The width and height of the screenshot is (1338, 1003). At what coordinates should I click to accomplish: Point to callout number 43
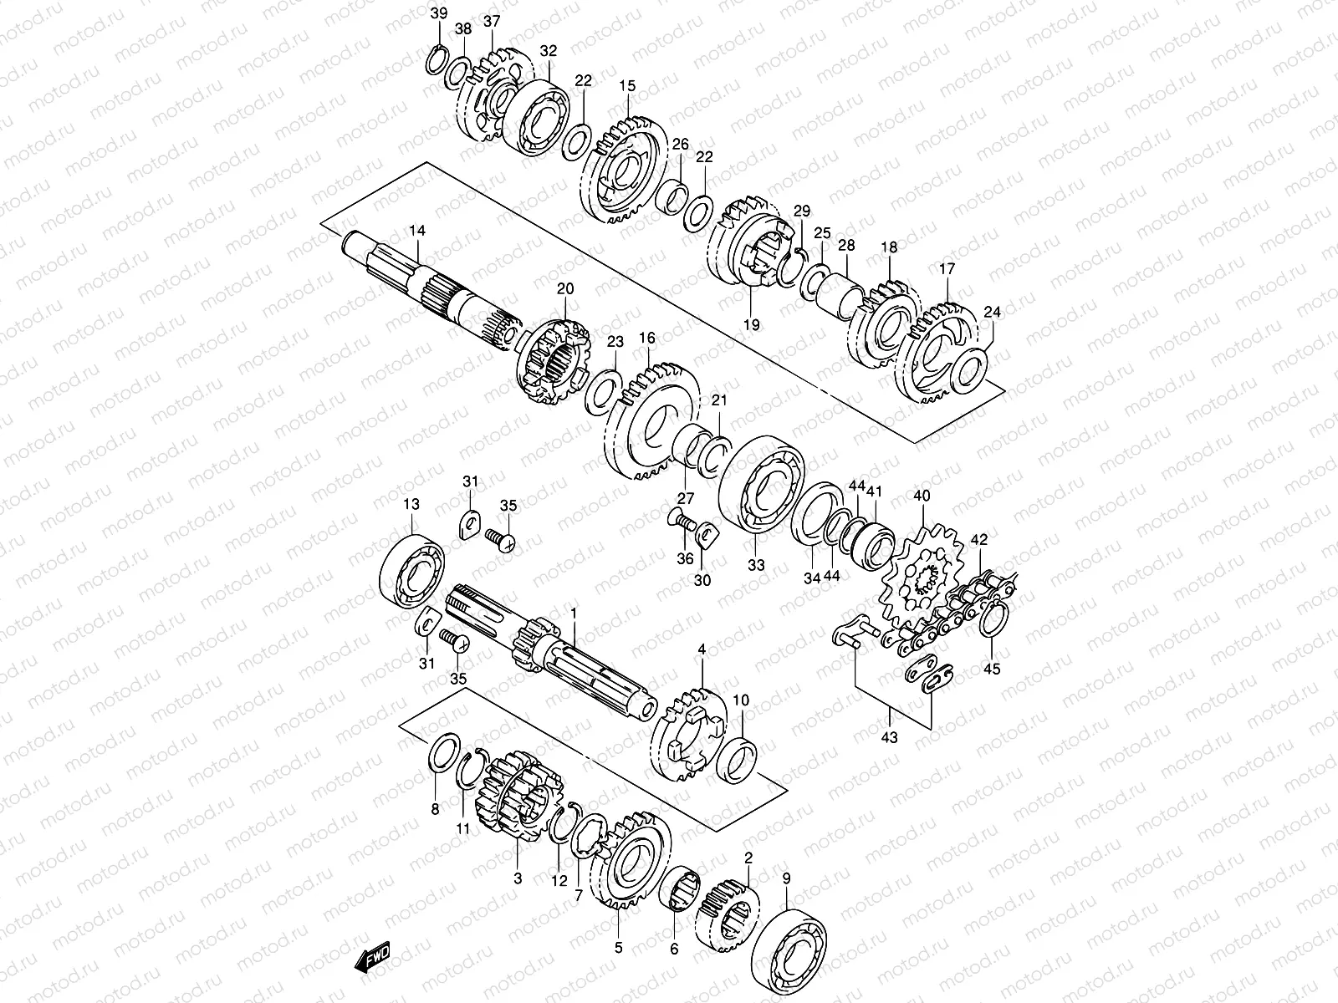pos(889,738)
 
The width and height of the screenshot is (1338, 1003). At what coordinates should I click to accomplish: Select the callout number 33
pos(756,565)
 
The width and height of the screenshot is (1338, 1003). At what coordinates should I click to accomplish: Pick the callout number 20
pos(566,289)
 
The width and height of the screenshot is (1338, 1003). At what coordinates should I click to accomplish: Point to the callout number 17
pos(947,269)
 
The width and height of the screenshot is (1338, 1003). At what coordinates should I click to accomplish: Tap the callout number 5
pos(618,948)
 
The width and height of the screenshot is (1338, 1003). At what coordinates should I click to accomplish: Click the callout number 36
pos(685,559)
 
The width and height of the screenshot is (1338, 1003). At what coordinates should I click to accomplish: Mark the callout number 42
pos(979,540)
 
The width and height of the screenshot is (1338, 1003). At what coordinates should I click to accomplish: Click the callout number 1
pos(575,614)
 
